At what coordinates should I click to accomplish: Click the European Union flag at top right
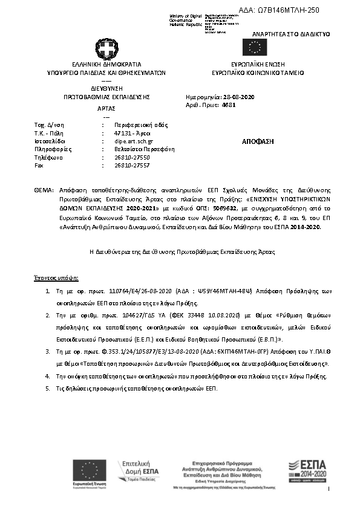pyautogui.click(x=254, y=47)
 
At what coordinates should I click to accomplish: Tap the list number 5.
pyautogui.click(x=48, y=387)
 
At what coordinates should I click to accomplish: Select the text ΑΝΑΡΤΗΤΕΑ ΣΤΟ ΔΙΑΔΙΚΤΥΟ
pyautogui.click(x=291, y=34)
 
